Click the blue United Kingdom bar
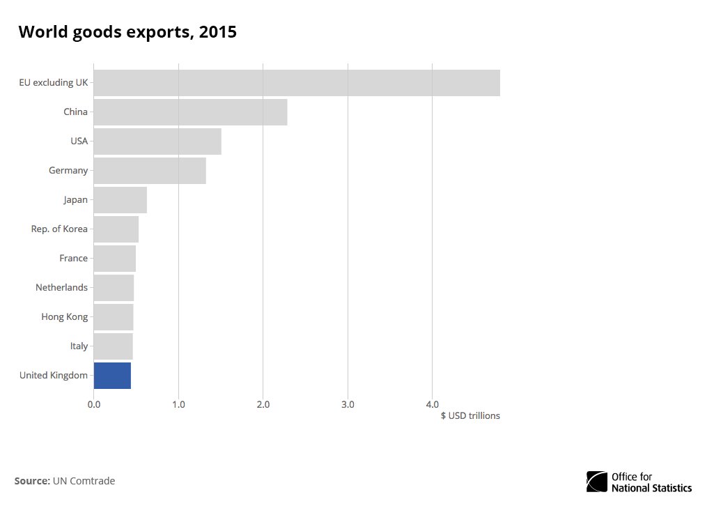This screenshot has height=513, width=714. [x=112, y=375]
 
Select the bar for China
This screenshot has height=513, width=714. [x=190, y=112]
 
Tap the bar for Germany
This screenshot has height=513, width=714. [x=150, y=170]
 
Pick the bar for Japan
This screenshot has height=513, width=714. [x=120, y=200]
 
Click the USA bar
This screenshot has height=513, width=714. [x=157, y=141]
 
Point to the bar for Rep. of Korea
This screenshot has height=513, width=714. [x=116, y=229]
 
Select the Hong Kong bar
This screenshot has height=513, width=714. [x=114, y=317]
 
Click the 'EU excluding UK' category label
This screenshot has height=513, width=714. [x=54, y=82]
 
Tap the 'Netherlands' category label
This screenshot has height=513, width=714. [x=62, y=287]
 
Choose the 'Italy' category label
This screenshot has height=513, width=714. [x=79, y=346]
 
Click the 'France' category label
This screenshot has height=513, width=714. [x=74, y=258]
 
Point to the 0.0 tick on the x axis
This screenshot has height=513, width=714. [x=94, y=404]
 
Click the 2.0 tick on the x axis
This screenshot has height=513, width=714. [x=263, y=404]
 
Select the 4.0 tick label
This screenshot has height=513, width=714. [x=433, y=404]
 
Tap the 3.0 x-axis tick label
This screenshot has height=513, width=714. [x=348, y=404]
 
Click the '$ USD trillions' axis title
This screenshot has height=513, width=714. [x=469, y=416]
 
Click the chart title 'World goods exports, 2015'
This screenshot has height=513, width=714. [x=127, y=32]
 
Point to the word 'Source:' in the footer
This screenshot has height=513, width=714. [x=32, y=481]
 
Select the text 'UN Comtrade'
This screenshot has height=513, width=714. [x=84, y=481]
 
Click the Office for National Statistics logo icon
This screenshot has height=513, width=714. [x=597, y=482]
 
